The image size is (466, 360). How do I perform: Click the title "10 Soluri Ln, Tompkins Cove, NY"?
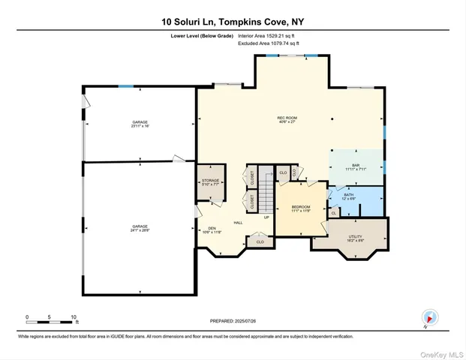pos(233,22)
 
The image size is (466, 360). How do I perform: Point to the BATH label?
pos(349,196)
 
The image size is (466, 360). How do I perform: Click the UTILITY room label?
pos(355,238)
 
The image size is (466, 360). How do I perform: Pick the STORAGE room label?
pos(209,183)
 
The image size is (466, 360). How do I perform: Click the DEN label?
pos(212,229)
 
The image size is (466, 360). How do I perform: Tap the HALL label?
pos(238,223)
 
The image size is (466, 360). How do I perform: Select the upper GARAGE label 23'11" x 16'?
pos(140,124)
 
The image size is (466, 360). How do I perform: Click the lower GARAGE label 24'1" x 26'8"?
pos(140,228)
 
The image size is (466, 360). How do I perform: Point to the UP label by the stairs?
pos(266,217)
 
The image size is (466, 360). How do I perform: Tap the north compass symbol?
pos(429,317)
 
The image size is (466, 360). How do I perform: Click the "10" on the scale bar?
pos(74,316)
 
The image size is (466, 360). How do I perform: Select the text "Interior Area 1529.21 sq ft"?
pos(269,36)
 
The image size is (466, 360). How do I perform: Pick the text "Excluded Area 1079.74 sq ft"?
pos(268,44)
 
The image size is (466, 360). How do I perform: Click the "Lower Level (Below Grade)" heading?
pos(199,36)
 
